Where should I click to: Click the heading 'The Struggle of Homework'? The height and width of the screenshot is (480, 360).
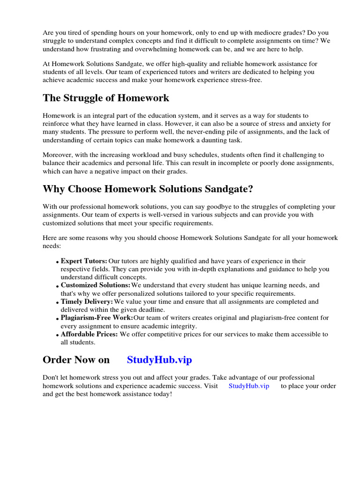pos(106,98)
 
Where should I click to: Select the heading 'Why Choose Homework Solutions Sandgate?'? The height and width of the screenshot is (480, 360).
pos(148,189)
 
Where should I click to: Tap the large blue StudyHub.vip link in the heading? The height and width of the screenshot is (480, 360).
pos(159,360)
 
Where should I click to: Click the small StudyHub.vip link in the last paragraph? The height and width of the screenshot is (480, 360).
pos(249,386)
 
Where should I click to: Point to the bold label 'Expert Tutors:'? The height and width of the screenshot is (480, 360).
pos(84,261)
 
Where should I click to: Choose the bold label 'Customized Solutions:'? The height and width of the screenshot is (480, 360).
pos(96,285)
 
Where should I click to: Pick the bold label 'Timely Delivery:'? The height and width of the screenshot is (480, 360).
pos(87,301)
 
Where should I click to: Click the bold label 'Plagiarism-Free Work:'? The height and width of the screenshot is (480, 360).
pos(97,318)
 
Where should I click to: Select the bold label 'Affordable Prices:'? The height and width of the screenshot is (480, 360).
pos(90,334)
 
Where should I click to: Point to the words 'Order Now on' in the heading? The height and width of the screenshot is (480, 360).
pos(76,360)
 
